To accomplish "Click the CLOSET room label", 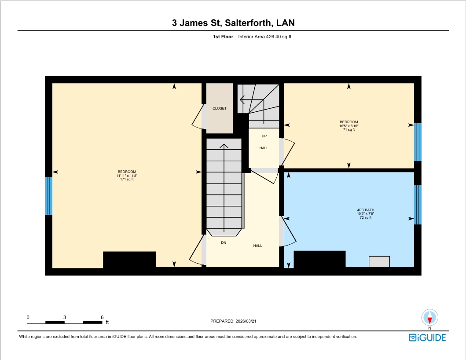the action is (x=219, y=109).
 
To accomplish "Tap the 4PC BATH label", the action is (x=366, y=210).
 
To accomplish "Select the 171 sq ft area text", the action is (x=127, y=179).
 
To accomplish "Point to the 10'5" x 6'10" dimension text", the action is (x=349, y=126).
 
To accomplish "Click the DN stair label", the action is (x=224, y=242).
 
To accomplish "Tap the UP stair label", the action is (x=264, y=136).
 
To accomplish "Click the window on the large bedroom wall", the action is (x=48, y=195).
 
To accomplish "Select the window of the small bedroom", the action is (x=418, y=142).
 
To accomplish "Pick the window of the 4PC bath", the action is (x=418, y=205).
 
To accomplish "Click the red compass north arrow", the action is (x=430, y=320).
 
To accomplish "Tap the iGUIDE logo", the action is (x=427, y=338).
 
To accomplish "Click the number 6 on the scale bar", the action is (x=102, y=317).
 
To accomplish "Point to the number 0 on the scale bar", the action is (x=28, y=317).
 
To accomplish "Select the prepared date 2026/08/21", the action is (x=246, y=321).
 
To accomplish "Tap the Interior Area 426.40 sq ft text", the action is (x=264, y=37).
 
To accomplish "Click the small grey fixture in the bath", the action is (x=379, y=261).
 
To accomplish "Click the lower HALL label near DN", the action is (x=258, y=246).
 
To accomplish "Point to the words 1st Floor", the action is (x=223, y=37).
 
